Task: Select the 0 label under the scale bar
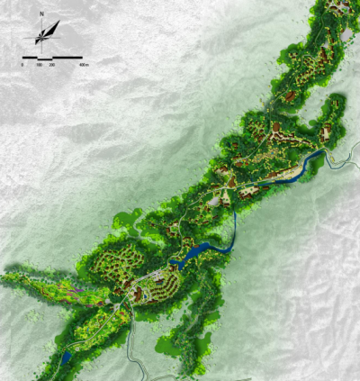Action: click(22, 67)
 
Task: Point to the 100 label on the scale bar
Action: click(39, 67)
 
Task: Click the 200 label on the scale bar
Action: click(52, 67)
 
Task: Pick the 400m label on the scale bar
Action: click(84, 67)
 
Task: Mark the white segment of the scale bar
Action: click(45, 59)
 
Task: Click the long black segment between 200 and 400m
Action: click(68, 59)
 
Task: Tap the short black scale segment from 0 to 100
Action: click(31, 59)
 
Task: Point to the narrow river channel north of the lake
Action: click(233, 225)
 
